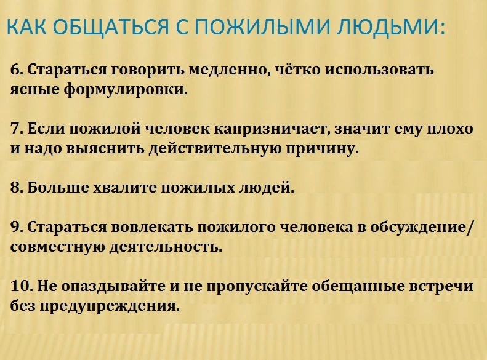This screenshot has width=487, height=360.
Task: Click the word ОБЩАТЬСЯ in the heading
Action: click(x=111, y=27)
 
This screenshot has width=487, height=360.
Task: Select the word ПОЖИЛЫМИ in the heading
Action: click(x=263, y=26)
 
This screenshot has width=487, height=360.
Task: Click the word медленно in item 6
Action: click(x=230, y=70)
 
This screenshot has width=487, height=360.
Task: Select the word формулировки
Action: click(x=126, y=90)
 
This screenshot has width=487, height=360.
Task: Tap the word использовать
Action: click(x=379, y=70)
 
